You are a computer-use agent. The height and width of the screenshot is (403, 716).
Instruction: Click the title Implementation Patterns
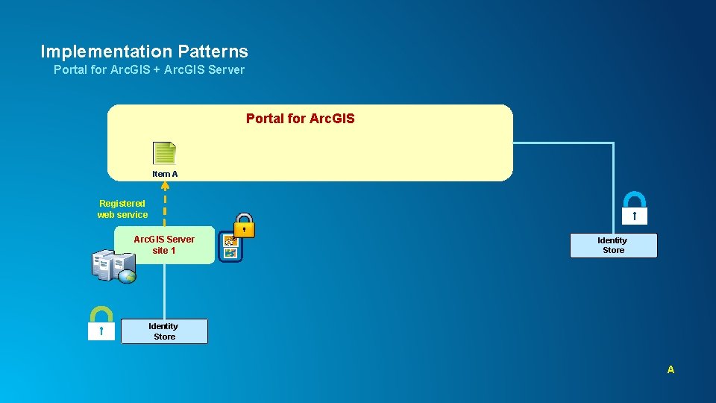[x=144, y=51]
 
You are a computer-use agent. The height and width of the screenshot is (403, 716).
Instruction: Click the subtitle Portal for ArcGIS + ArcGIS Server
[x=149, y=69]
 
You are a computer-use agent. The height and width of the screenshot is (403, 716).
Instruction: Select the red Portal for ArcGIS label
[x=300, y=119]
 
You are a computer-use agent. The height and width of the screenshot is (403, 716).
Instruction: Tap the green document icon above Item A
[x=164, y=153]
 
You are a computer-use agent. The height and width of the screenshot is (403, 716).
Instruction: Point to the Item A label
[x=165, y=174]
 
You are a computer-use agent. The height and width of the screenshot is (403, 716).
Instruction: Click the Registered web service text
[x=122, y=209]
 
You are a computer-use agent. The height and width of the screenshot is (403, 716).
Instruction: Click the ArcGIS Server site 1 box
[x=164, y=245]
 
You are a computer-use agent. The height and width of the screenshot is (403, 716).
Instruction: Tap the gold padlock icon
[x=245, y=225]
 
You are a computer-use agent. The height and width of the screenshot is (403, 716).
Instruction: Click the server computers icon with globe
[x=113, y=266]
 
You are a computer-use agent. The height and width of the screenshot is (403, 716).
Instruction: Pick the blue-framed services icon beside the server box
[x=230, y=247]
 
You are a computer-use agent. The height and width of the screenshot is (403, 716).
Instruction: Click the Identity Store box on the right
[x=613, y=246]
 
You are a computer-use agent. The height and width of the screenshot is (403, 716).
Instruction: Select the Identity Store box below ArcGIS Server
[x=164, y=331]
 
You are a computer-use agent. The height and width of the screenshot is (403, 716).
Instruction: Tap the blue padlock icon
[x=634, y=208]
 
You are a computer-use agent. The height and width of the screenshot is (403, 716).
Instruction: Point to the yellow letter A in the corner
[x=671, y=369]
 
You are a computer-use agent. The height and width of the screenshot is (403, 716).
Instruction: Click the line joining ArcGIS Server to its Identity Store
[x=165, y=291]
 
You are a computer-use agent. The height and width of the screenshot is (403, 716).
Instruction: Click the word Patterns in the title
[x=213, y=51]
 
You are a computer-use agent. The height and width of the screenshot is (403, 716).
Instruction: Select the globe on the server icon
[x=127, y=275]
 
